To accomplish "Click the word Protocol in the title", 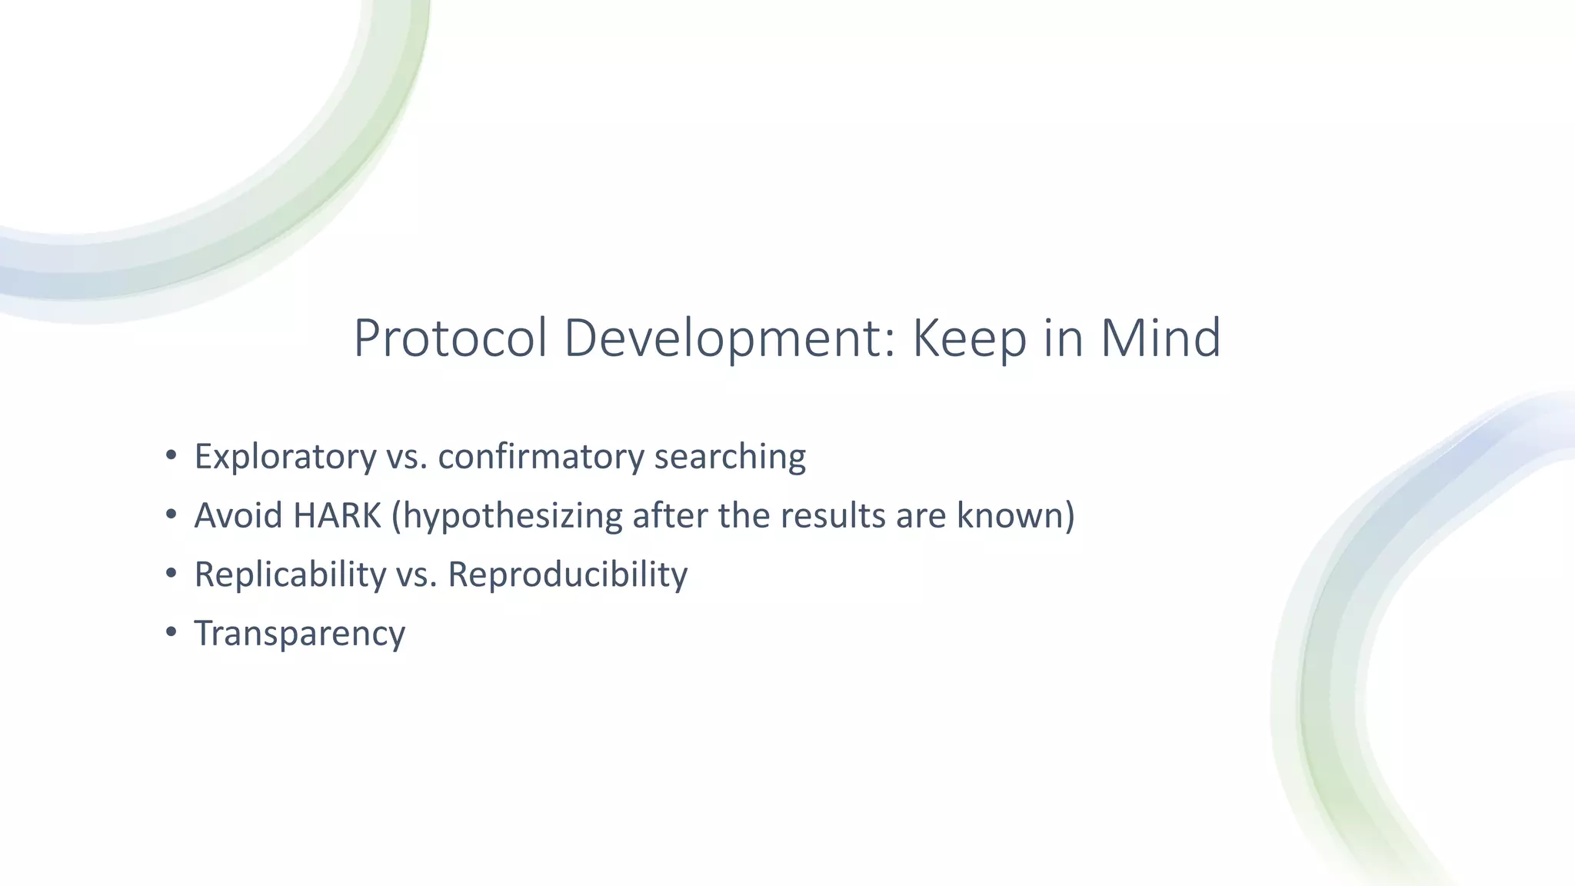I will [x=450, y=338].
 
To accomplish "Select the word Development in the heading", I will [x=730, y=338].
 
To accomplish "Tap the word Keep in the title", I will [x=969, y=338].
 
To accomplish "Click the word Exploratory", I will [x=285, y=457].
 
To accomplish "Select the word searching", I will [x=730, y=457].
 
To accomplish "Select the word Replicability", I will [x=290, y=575].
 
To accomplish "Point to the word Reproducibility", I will [x=568, y=575].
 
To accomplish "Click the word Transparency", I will [x=299, y=634].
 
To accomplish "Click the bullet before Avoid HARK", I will [x=171, y=513].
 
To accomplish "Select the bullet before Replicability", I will [x=171, y=572].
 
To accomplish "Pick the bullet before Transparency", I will [x=171, y=631].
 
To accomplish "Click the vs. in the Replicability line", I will [x=417, y=575].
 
